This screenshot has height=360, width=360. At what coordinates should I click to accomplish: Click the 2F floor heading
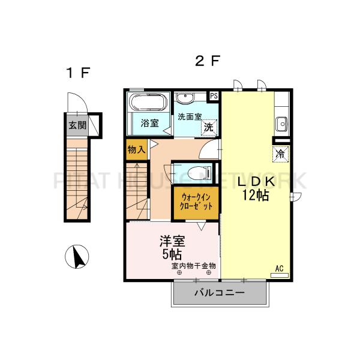(x=207, y=61)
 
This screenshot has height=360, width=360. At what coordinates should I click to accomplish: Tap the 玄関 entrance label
(x=77, y=125)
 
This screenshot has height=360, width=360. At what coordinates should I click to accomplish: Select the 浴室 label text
(x=149, y=124)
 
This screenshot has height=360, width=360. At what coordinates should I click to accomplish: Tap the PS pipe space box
(x=214, y=95)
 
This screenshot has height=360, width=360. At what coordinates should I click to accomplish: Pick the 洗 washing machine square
(x=208, y=127)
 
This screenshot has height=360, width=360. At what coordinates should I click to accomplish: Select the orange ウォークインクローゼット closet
(x=196, y=200)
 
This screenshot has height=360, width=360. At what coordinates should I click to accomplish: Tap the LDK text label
(x=256, y=182)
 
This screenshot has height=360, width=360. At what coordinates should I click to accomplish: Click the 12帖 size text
(x=256, y=196)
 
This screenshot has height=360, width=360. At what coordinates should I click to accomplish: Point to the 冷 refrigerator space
(x=280, y=154)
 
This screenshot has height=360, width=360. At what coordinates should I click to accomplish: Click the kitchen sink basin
(x=281, y=125)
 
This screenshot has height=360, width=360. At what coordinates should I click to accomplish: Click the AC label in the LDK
(x=279, y=268)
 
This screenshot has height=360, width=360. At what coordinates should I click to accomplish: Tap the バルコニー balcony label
(x=219, y=293)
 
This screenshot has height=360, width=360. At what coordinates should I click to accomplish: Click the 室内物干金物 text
(x=193, y=265)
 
